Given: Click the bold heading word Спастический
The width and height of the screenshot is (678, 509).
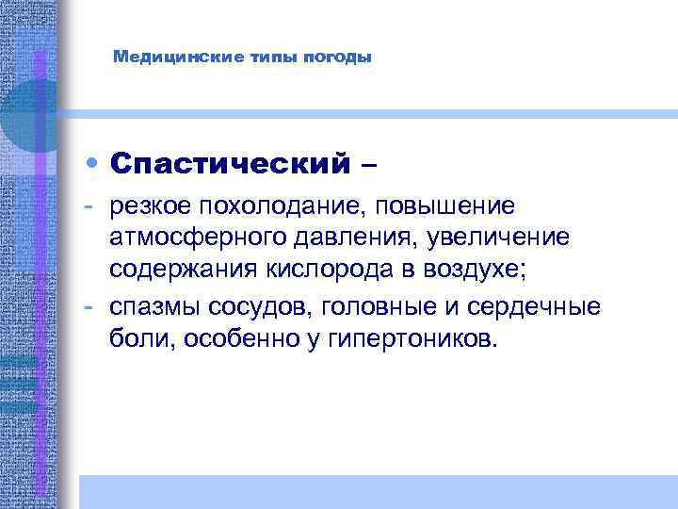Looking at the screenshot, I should click(222, 164).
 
